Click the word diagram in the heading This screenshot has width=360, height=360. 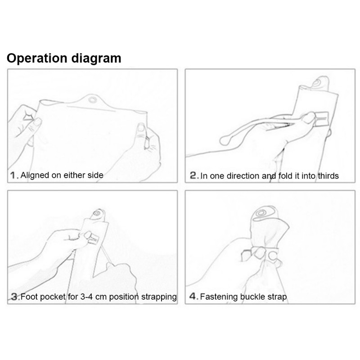(96, 58)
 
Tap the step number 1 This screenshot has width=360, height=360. (13, 175)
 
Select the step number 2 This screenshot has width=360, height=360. (193, 175)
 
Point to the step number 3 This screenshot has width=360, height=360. (14, 297)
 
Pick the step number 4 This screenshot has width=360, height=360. (193, 297)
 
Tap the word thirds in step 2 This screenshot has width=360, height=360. (328, 176)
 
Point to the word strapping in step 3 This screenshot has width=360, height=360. (159, 297)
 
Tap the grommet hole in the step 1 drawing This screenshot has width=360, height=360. (93, 100)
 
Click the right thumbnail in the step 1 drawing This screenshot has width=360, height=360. (140, 127)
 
